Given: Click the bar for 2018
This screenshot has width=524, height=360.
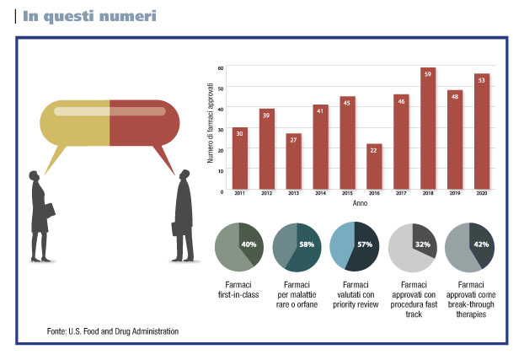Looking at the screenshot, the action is point(428,128).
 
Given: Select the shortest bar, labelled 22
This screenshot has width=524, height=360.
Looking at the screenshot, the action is point(374,167).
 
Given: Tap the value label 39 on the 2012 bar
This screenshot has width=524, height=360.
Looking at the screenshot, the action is point(266,116).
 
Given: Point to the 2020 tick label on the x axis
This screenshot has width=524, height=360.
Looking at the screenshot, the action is point(482,193).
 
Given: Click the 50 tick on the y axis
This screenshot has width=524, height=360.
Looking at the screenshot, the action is point(221,89).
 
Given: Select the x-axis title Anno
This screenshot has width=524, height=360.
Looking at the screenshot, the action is point(360,203).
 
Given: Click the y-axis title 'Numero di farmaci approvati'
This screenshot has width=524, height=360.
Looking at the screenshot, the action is point(211,123).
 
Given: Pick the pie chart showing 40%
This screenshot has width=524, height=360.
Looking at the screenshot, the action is point(239,247).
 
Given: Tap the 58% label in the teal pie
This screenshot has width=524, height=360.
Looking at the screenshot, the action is point(307,244).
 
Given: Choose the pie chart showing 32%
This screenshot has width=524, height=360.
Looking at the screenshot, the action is point(413,248).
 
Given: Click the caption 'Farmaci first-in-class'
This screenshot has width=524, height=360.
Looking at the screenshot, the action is point(238,289).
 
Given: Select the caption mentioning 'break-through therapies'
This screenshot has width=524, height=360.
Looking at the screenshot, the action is point(471,299).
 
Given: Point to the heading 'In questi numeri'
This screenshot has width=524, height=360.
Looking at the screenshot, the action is point(89,16).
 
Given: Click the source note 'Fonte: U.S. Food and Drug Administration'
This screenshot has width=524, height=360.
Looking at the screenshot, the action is point(113,331).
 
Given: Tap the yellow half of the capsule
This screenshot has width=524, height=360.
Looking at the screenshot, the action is point(75,124).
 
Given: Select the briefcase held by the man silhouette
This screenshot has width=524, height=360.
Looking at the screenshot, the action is point(174,228).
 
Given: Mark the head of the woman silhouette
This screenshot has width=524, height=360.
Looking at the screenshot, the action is point(34,176).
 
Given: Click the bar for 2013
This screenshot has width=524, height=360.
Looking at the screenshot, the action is point(293,161).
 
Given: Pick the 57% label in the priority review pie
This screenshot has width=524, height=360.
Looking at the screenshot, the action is point(365,244).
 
